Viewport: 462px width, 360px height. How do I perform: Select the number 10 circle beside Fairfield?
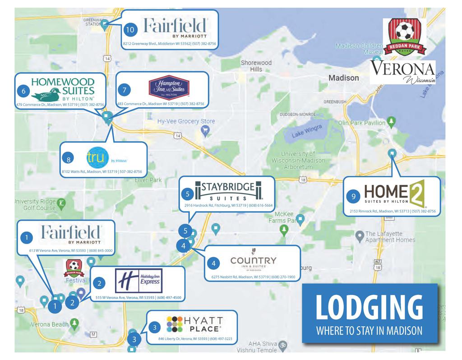point(130,29)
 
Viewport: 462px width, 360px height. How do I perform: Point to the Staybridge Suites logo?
point(228,190)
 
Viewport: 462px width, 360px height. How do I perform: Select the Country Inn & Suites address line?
point(253,277)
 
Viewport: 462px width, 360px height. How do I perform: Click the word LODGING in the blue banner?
point(370,307)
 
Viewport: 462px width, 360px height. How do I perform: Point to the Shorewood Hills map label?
point(256,66)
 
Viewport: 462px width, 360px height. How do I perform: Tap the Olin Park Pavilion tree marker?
point(392,121)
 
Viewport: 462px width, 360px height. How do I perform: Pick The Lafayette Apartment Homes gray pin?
point(359,235)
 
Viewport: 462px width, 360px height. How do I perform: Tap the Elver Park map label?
point(148,180)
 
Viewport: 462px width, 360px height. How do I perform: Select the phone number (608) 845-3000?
point(102,250)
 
